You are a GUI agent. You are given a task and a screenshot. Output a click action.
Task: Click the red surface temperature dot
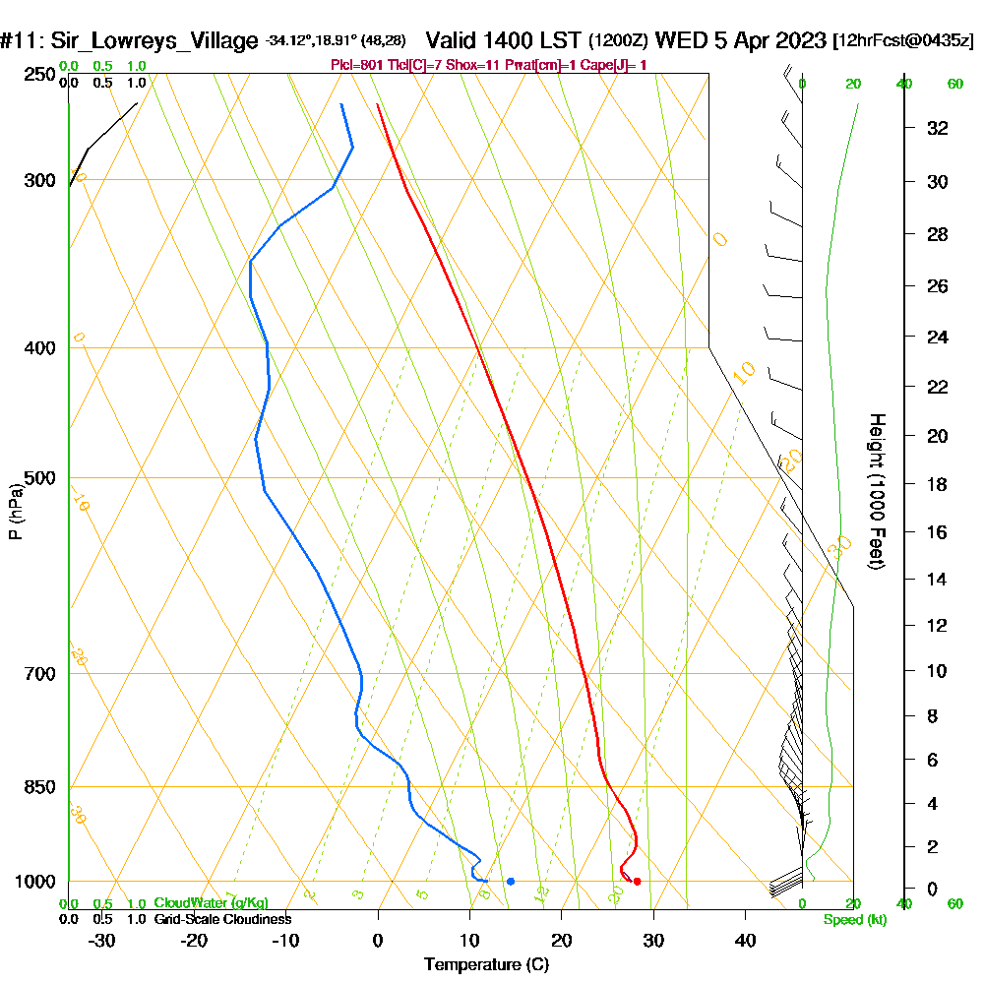[638, 881]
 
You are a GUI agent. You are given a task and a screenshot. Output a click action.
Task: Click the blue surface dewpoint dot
[510, 881]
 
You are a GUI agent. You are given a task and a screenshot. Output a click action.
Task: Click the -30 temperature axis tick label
[102, 940]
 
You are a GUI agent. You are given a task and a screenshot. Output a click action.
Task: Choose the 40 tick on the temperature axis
[745, 940]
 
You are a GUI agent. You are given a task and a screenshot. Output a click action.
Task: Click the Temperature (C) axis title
[486, 964]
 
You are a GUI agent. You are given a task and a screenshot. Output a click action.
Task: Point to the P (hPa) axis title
[15, 511]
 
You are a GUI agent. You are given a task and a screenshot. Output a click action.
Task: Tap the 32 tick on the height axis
[938, 128]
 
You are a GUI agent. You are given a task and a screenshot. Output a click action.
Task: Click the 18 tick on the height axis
[938, 484]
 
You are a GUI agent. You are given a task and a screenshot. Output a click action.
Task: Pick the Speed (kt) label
[854, 919]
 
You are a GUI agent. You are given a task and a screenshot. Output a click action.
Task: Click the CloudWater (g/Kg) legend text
[211, 903]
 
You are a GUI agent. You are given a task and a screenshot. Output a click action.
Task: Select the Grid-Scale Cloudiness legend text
[222, 919]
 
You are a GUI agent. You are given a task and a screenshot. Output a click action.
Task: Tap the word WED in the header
[675, 41]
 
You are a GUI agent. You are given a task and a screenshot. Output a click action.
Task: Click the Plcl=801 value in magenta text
[359, 65]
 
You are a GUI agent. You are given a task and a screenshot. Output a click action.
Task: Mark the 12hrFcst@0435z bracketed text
[903, 41]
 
